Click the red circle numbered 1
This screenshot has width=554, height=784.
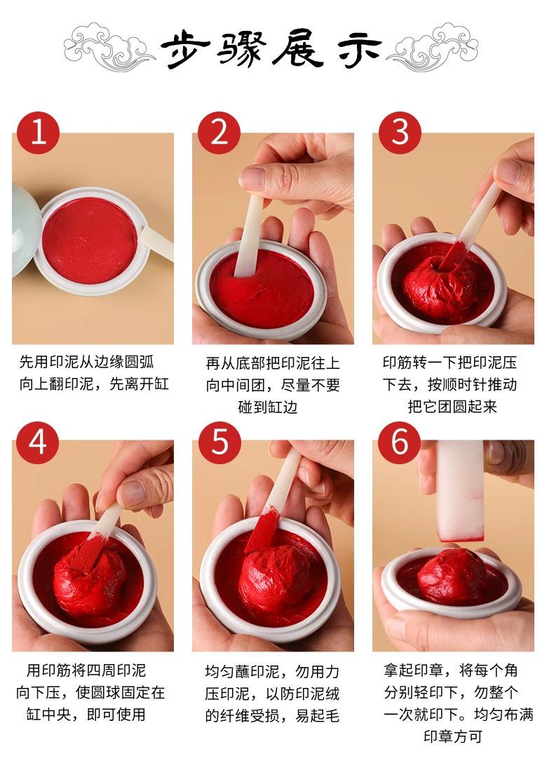point(38,133)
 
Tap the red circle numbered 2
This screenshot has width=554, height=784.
point(219,133)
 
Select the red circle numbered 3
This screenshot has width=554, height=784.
point(400,133)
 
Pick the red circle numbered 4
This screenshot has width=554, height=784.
point(38,443)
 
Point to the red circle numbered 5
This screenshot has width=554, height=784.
point(219,443)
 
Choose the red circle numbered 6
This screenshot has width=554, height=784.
point(400,443)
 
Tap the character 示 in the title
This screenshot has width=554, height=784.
point(360,50)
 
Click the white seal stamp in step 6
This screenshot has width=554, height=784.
point(460,491)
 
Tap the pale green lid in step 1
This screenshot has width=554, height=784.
point(25,230)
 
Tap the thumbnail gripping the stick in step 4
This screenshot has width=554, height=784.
point(131,493)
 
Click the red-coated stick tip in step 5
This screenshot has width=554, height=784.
point(262,529)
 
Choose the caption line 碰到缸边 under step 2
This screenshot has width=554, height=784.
point(267,407)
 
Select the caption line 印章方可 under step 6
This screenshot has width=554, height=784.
point(453,736)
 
